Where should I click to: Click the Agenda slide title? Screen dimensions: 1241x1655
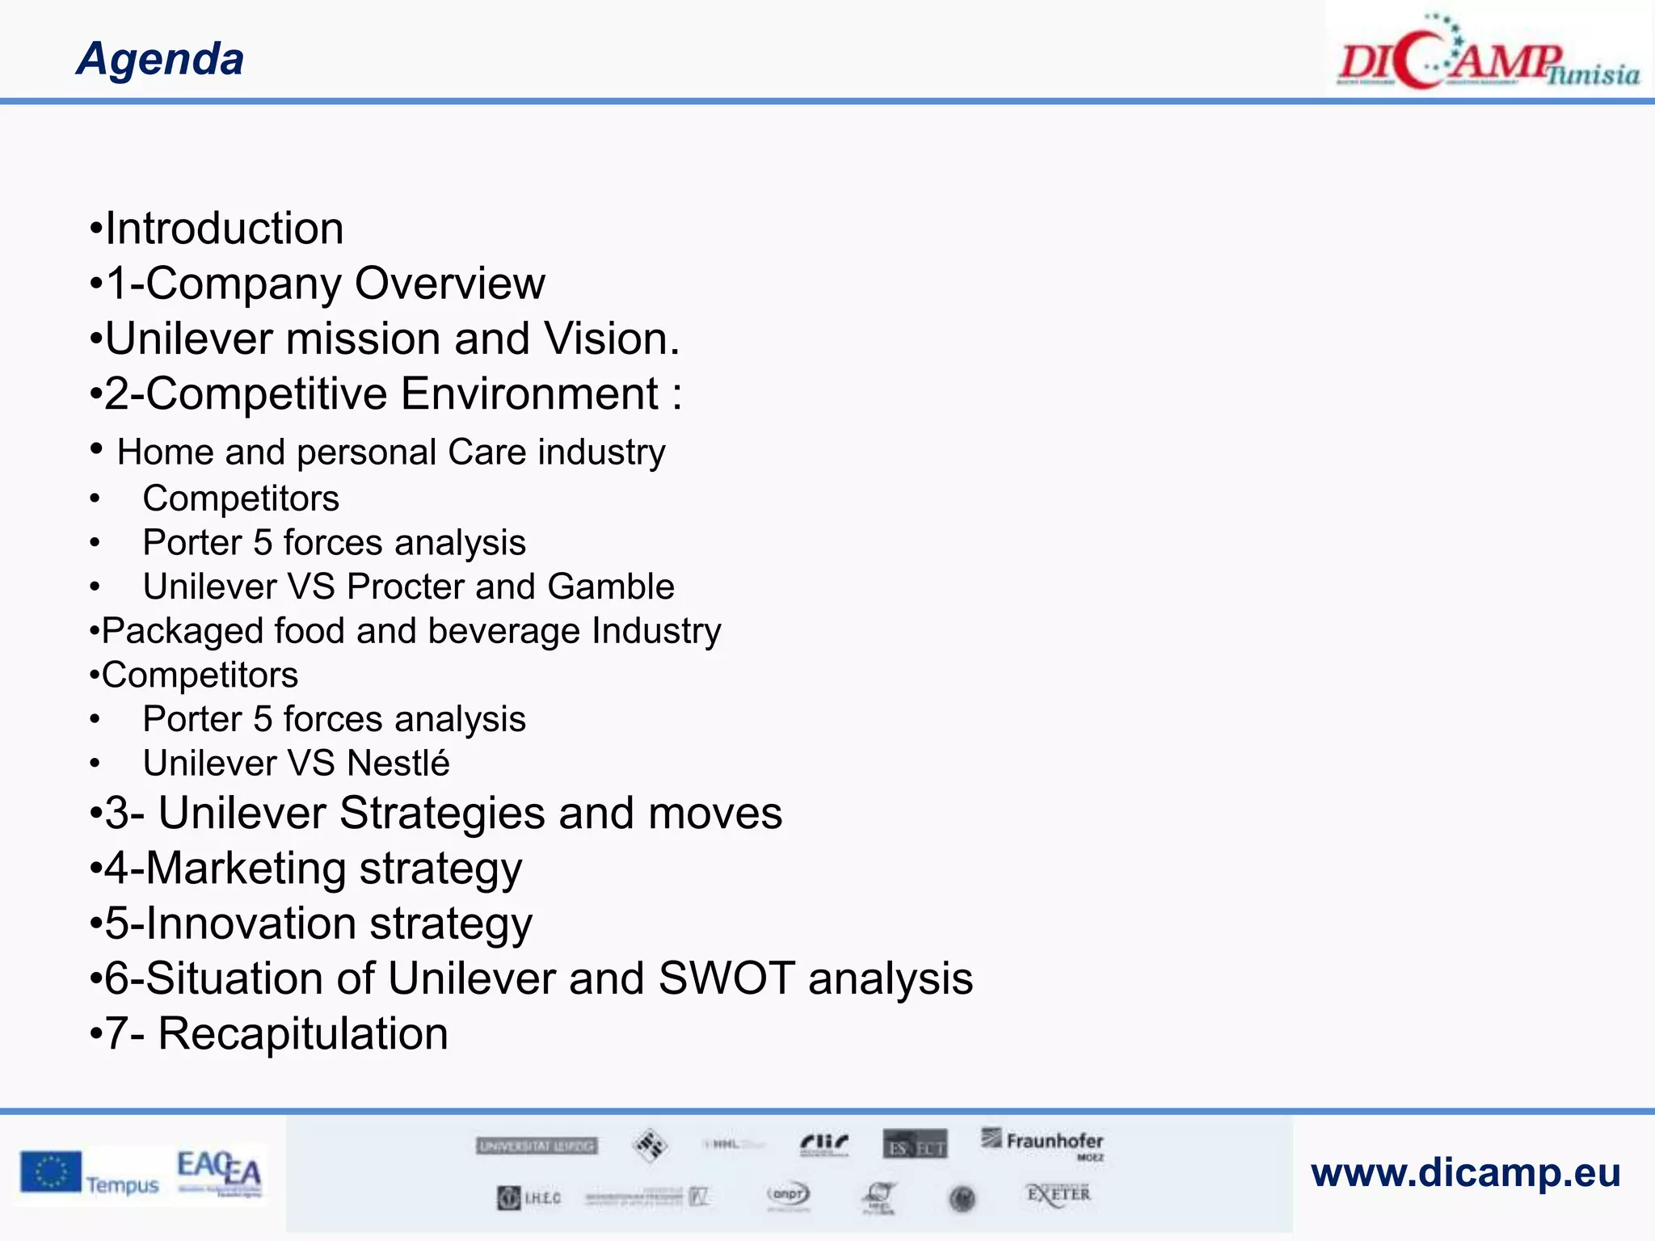pos(160,59)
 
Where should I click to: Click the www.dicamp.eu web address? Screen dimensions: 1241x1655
pos(1466,1172)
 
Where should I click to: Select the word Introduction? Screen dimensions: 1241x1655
pos(225,229)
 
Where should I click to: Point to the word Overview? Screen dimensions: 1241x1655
pos(450,284)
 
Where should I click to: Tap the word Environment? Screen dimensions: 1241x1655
pos(530,394)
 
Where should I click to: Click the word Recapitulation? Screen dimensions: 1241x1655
pos(303,1034)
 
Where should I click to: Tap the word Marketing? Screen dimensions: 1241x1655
pos(246,869)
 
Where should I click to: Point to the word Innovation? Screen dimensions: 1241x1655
pos(251,923)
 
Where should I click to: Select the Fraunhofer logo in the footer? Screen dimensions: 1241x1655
pos(1043,1143)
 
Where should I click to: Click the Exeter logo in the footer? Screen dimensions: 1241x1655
pos(1058,1194)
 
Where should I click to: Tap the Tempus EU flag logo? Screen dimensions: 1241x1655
pos(90,1174)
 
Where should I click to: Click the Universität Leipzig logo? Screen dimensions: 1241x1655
pos(537,1146)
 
